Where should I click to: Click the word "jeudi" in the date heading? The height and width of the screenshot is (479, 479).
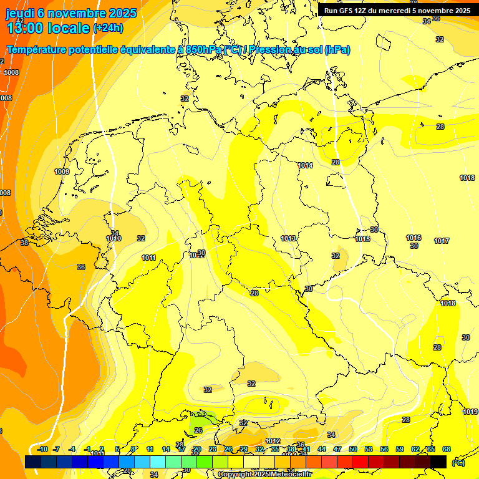pos(20,13)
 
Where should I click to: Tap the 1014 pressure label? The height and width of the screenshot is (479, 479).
pos(305,165)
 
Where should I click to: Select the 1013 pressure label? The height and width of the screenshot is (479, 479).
pos(288,239)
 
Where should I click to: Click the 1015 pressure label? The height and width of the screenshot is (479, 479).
pos(363,239)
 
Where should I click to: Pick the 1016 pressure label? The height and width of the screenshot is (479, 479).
pos(414,238)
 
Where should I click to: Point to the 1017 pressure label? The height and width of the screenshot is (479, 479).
pos(442,241)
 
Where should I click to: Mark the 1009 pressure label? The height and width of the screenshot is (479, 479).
pos(62,172)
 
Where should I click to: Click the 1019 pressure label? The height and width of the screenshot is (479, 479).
pos(470,412)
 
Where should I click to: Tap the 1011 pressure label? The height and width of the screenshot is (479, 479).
pos(148,258)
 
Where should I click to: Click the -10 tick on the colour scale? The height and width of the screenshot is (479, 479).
pos(42,449)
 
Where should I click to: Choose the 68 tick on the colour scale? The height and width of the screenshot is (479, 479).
pos(447,449)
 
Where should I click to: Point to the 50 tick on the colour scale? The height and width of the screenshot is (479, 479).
pos(353,449)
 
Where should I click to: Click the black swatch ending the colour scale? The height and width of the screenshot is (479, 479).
pos(438,462)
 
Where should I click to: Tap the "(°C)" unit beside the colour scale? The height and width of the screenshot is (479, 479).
pos(458,462)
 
